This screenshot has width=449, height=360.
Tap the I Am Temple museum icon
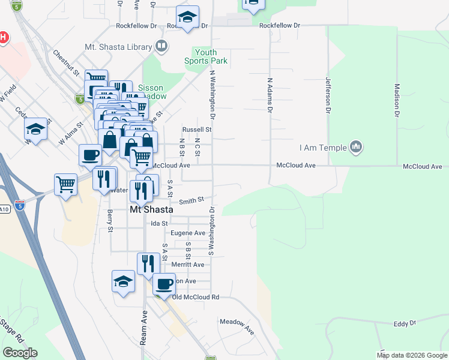coord(357,147)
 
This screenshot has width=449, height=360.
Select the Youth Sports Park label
coord(206,56)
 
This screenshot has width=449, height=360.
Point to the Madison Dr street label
coord(397,98)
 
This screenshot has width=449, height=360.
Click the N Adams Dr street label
coord(270,95)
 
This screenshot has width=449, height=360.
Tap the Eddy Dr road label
coord(405,324)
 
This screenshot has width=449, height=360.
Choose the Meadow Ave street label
coord(237,326)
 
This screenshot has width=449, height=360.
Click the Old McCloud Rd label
coord(196,297)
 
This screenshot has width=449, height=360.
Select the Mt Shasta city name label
coord(152,210)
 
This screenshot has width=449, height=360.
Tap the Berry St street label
coord(110,220)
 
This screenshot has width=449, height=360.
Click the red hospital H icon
coord(3,38)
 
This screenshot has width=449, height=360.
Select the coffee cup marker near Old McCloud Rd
coord(163,283)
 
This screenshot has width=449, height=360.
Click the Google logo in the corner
coord(20,353)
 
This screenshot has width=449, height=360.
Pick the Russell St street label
coord(197,129)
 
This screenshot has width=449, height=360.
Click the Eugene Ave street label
coord(188,233)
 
